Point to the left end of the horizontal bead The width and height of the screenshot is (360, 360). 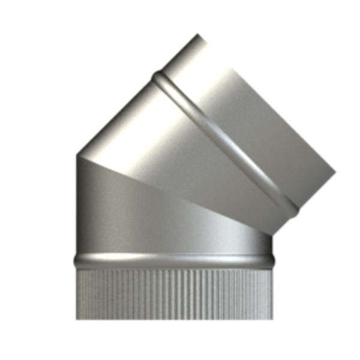pos(75,261)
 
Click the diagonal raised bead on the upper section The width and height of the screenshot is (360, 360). pos(228,141)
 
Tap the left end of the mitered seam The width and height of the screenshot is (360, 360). pos(77,156)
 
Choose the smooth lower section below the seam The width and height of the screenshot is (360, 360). pos(150,222)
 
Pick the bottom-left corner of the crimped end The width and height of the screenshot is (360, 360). pos(76,319)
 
